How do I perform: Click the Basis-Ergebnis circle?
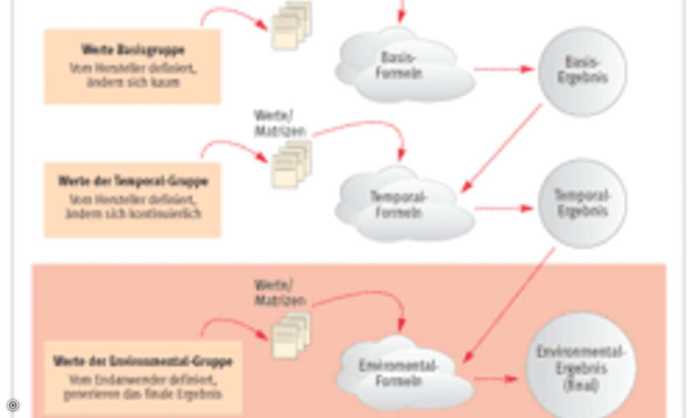coord(582,71)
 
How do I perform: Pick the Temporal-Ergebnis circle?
coord(582,203)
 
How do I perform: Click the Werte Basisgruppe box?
coord(132,66)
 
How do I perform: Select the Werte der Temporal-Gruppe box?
coord(132,200)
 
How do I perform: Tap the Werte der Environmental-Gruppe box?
coord(142,377)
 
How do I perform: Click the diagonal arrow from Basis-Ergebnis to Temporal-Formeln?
coord(502,148)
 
